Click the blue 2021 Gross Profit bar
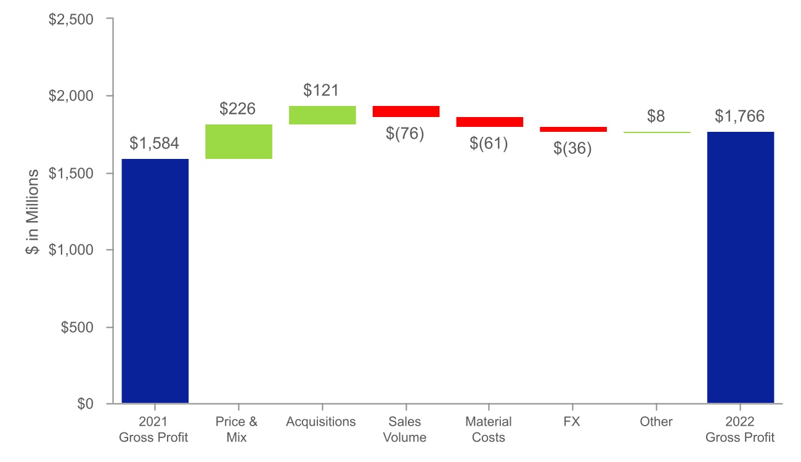tap(155, 281)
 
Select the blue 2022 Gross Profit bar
tap(740, 267)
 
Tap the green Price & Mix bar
tap(238, 142)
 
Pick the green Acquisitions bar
tap(322, 115)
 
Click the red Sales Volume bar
tap(406, 111)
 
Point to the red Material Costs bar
tap(489, 122)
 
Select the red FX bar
tap(573, 129)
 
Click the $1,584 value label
tap(155, 144)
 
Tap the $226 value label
tap(238, 110)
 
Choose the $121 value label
tap(321, 91)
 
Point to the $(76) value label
tap(405, 133)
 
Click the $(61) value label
tap(489, 144)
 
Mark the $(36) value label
tap(573, 148)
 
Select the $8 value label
tap(656, 116)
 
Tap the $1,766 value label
tap(740, 116)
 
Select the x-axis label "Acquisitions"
tap(321, 422)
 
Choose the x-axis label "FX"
tap(572, 422)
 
